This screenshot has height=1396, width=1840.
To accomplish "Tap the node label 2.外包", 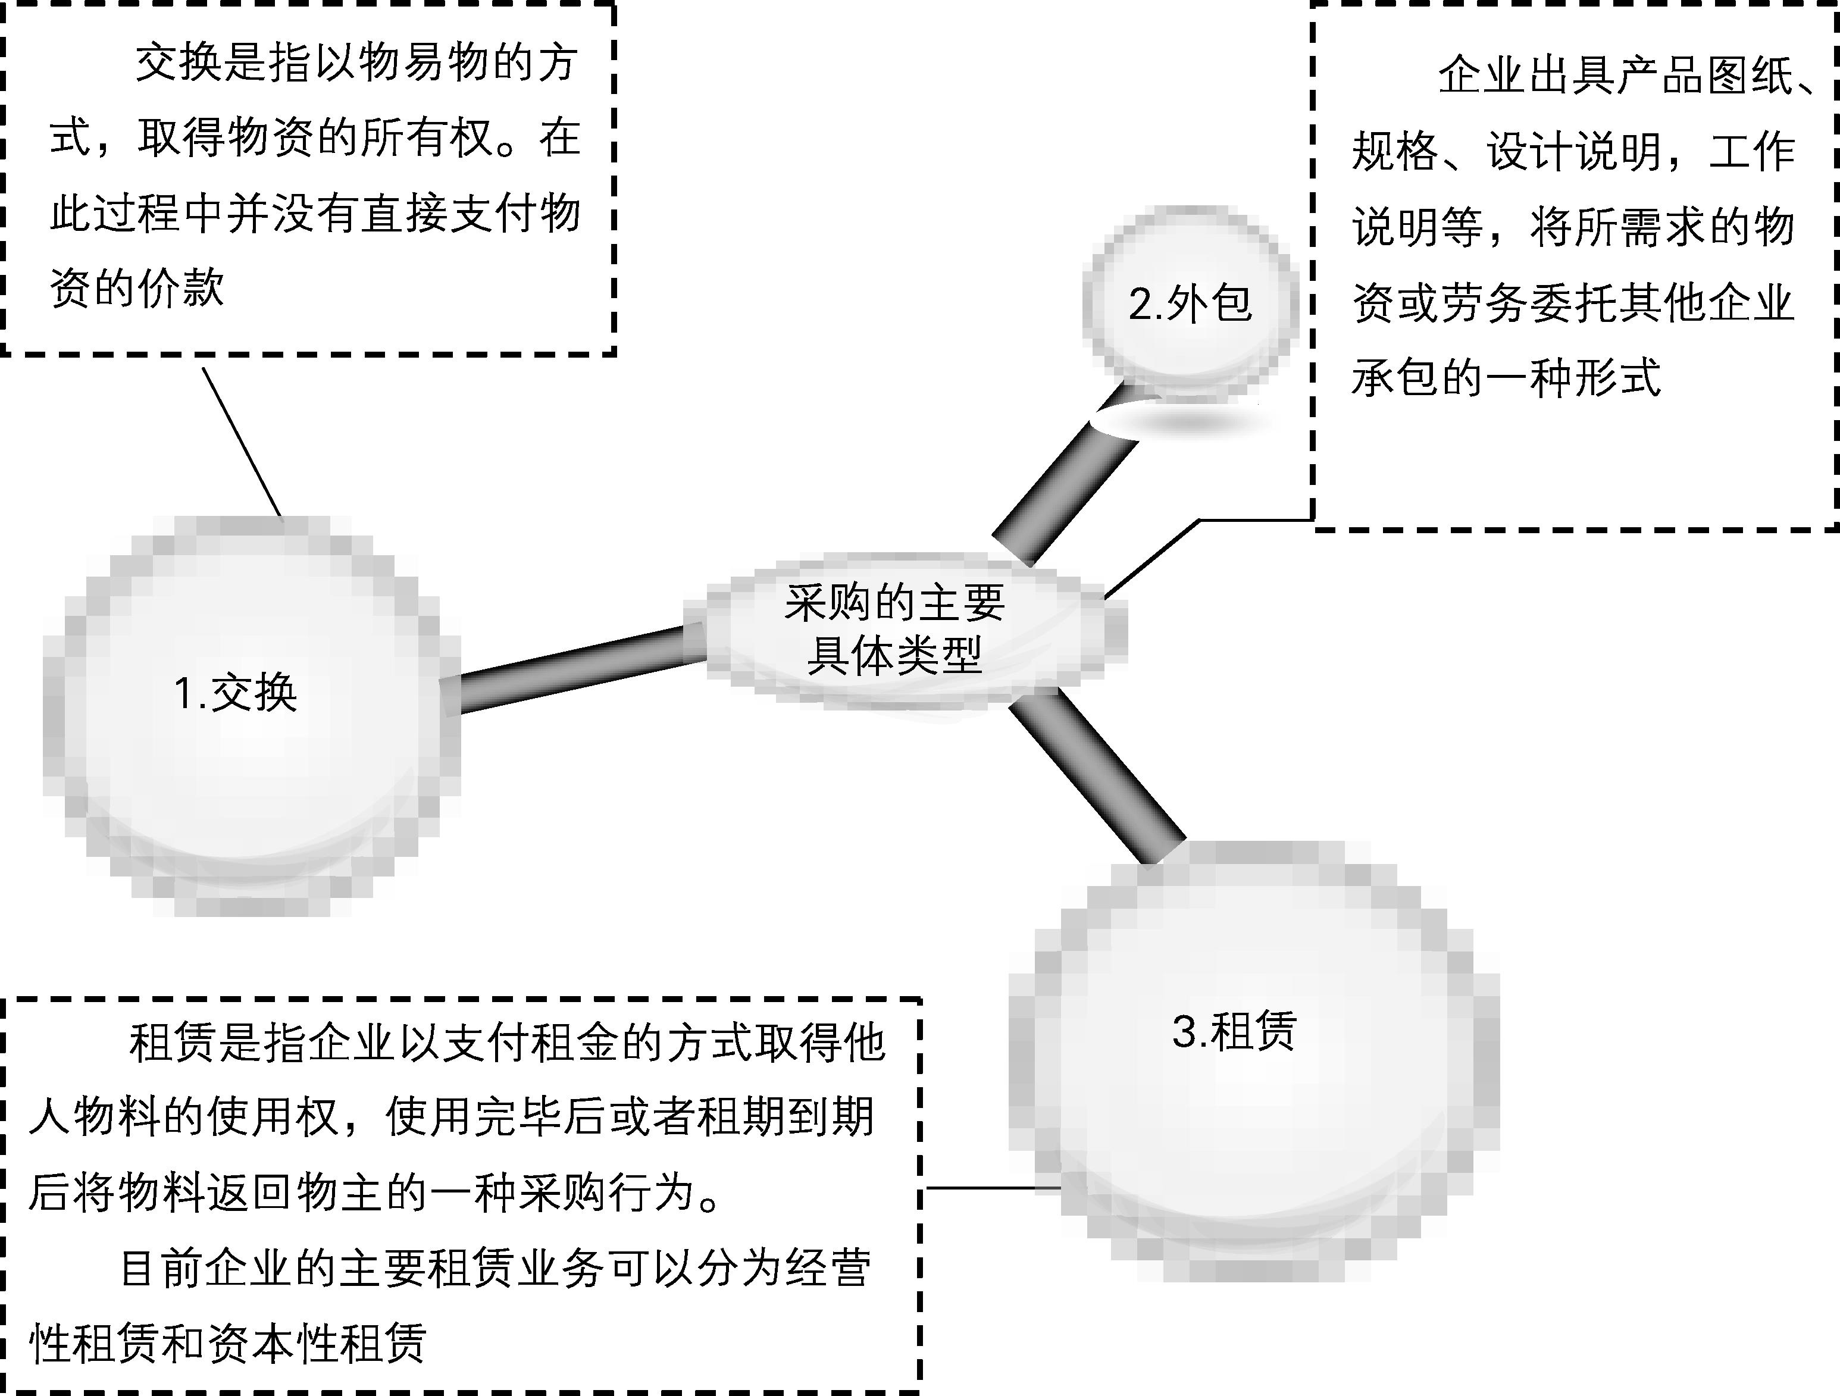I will pos(1190,303).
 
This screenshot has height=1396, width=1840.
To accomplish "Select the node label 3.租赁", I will pos(1234,1032).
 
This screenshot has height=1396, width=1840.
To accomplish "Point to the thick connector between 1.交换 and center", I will pos(574,669).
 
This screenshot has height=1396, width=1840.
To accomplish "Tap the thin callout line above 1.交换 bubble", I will pos(241,441).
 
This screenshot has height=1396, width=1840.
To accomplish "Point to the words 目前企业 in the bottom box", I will pos(187,1268).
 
